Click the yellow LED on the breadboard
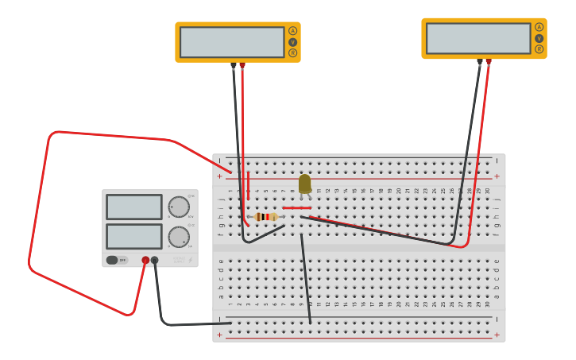(x=304, y=184)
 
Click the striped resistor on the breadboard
(x=266, y=216)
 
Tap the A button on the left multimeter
(x=292, y=31)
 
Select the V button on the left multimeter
(x=292, y=42)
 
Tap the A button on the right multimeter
(x=539, y=27)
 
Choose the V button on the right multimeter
(x=539, y=38)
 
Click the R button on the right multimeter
(x=539, y=49)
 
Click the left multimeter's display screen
(x=231, y=42)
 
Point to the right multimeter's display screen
(x=477, y=38)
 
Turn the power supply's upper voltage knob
(x=179, y=207)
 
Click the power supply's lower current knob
(x=179, y=237)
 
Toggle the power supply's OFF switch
(x=117, y=260)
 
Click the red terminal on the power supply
(x=145, y=260)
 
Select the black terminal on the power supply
(x=155, y=260)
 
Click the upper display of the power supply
(x=133, y=207)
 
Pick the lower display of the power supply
(x=133, y=236)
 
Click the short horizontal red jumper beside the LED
(x=296, y=207)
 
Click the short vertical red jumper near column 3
(x=248, y=185)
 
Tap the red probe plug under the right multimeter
(x=489, y=61)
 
